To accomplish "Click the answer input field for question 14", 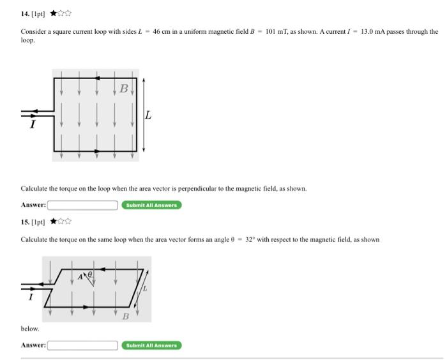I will [82, 205].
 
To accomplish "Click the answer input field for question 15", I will [82, 345].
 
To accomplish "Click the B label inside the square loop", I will [124, 89].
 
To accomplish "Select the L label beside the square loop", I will [148, 116].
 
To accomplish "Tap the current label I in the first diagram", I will [31, 124].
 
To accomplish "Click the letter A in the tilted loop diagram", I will [80, 276].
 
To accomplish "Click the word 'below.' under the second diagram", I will [30, 329].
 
